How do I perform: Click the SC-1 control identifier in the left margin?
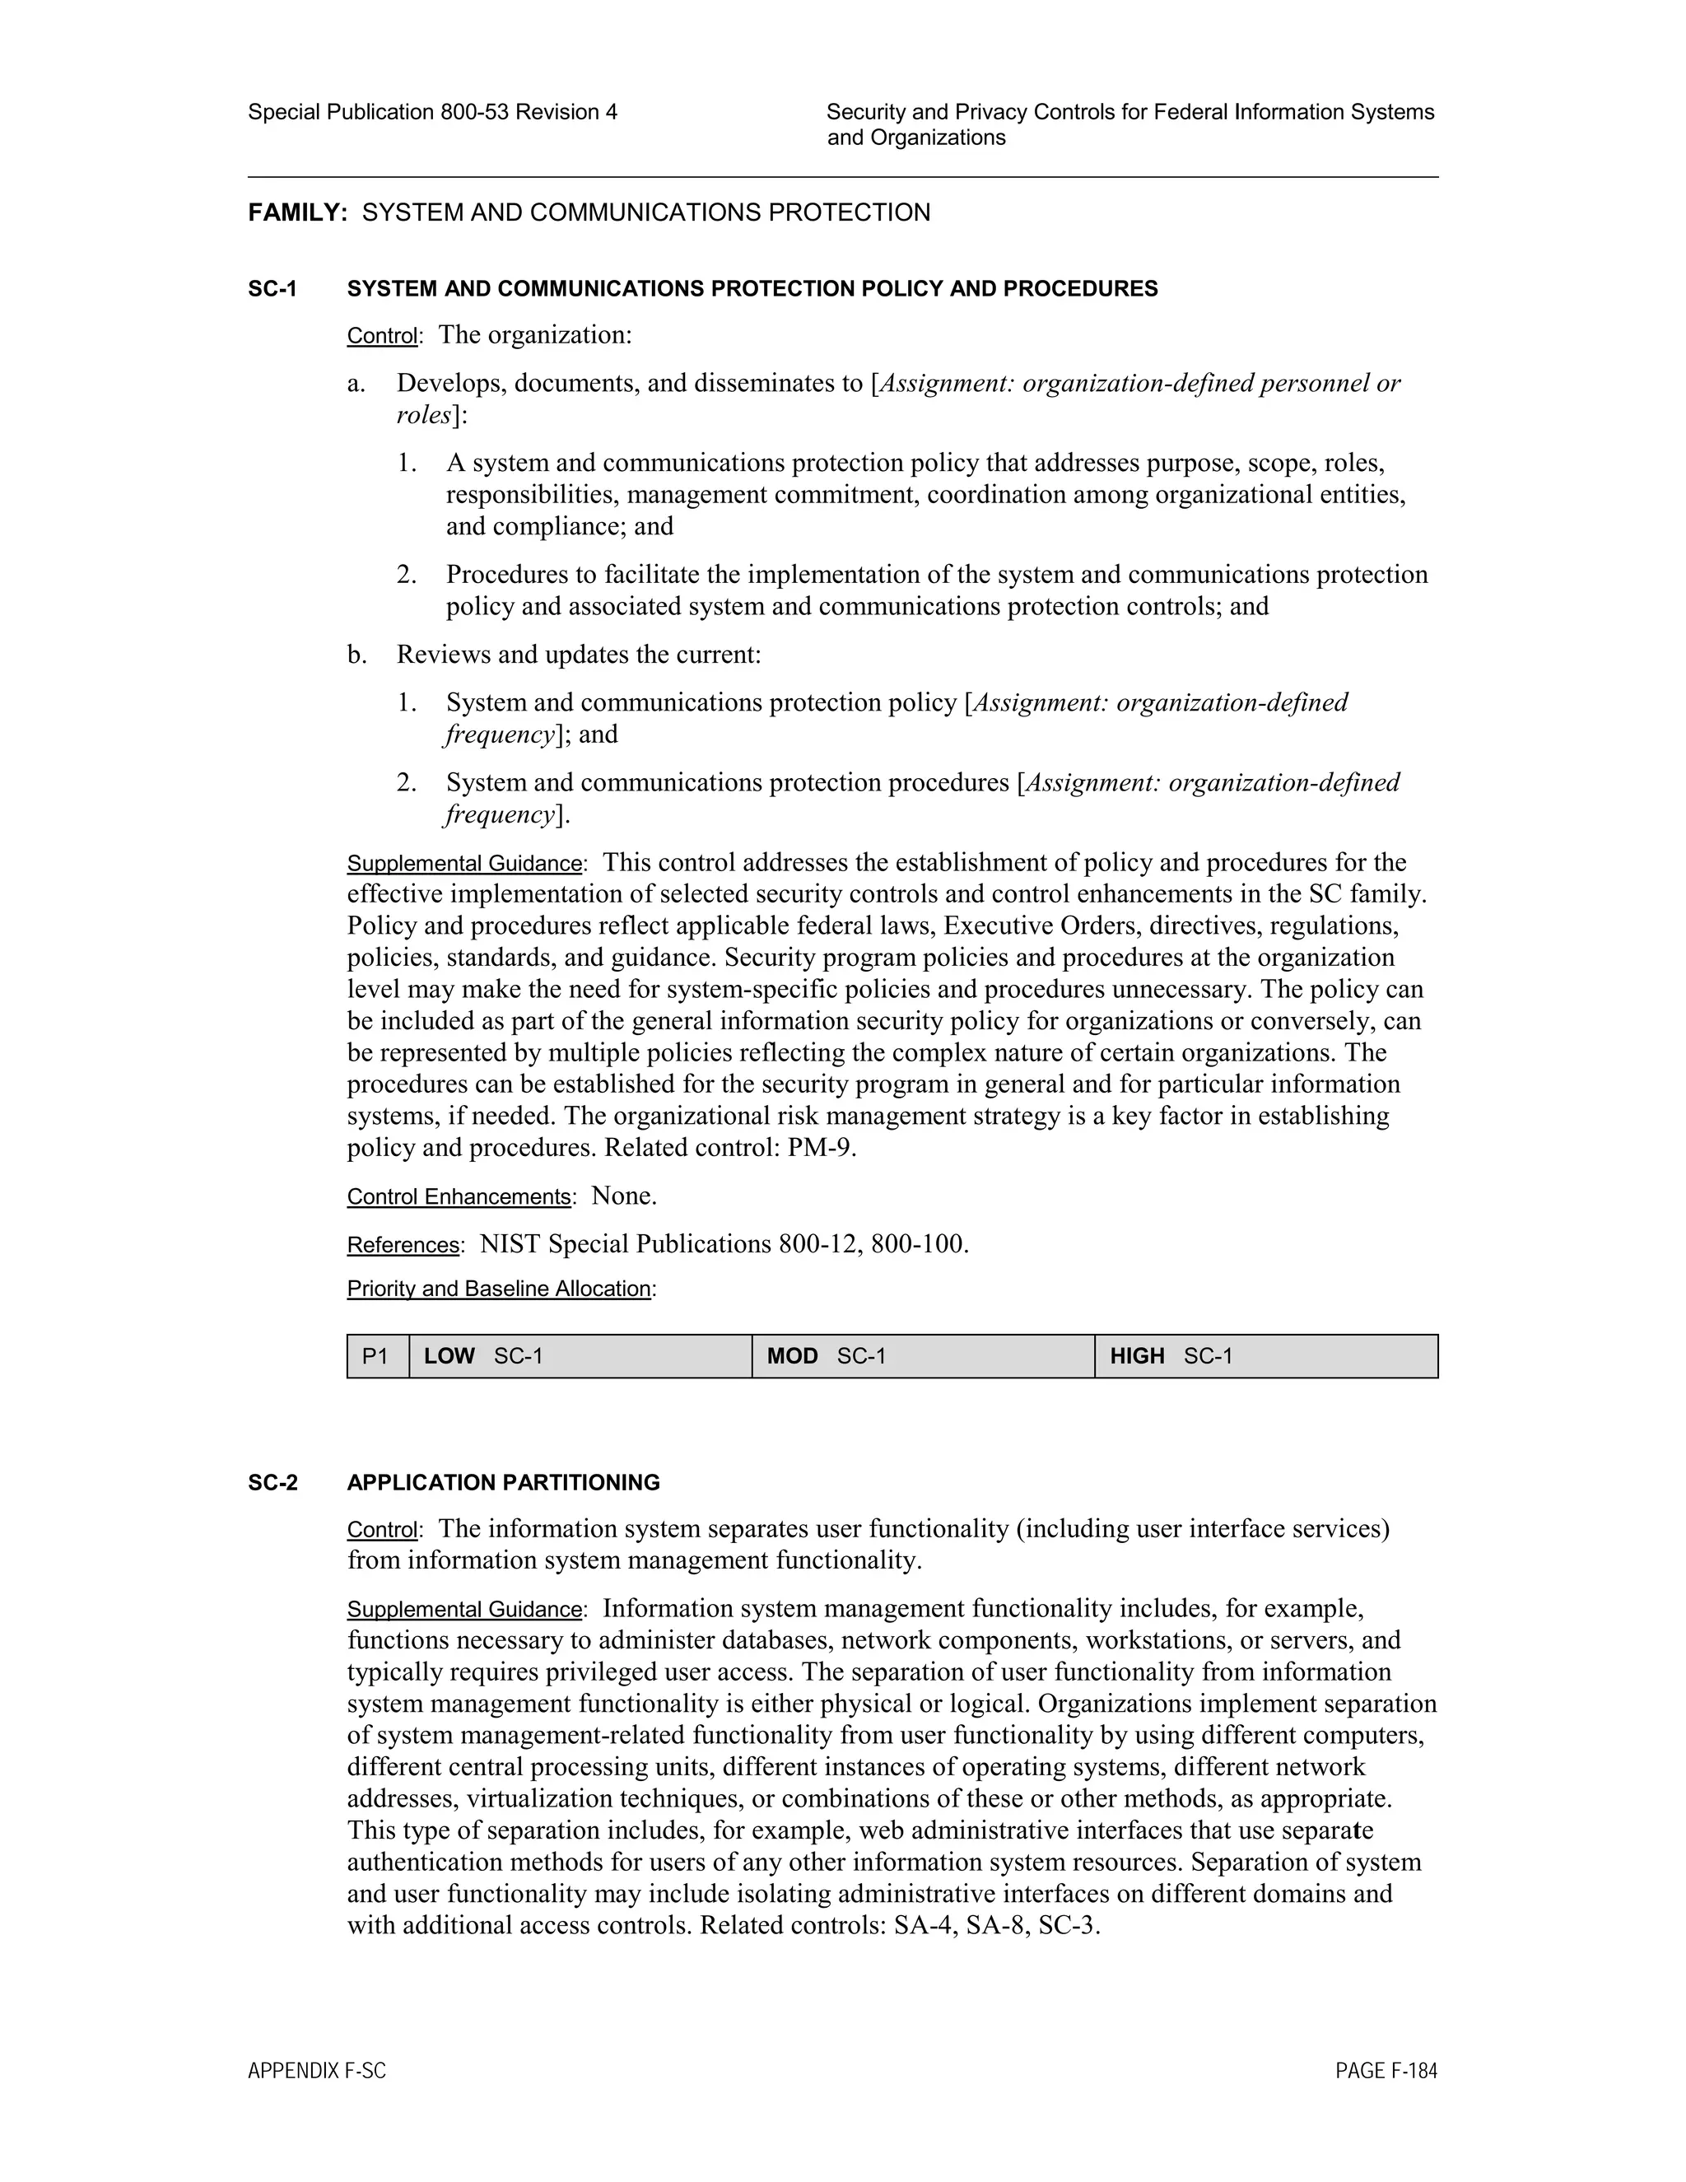click(272, 290)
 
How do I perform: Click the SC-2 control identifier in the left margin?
click(272, 1483)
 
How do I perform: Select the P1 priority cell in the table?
click(375, 1357)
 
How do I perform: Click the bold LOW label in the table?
click(449, 1357)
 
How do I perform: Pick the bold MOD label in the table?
click(792, 1357)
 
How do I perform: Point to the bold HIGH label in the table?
click(1137, 1357)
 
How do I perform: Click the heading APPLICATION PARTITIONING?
click(503, 1483)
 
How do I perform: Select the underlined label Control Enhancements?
click(459, 1197)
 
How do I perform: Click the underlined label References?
click(403, 1245)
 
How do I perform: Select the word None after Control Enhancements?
click(622, 1196)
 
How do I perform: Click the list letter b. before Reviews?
click(357, 655)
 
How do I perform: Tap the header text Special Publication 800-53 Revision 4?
click(432, 112)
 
